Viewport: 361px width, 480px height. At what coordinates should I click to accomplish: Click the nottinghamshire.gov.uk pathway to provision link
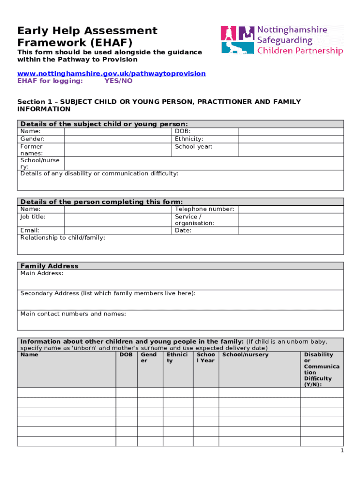click(x=112, y=74)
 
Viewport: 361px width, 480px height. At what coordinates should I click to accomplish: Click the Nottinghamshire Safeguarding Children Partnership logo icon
click(x=238, y=40)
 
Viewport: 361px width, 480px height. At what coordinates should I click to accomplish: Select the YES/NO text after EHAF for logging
click(x=118, y=81)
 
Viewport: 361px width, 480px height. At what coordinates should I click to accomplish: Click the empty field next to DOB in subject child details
click(x=291, y=132)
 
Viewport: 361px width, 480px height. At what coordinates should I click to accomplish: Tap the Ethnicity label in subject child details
click(x=189, y=139)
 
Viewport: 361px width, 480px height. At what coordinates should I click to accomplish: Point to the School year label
click(x=194, y=146)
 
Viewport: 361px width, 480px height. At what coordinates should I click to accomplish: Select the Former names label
click(x=31, y=150)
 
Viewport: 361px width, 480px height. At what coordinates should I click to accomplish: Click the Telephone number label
click(x=204, y=209)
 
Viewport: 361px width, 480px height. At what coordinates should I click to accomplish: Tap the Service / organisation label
click(x=195, y=220)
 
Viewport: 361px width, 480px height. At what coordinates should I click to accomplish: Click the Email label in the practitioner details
click(x=30, y=231)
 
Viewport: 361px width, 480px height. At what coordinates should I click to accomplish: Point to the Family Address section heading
click(x=49, y=266)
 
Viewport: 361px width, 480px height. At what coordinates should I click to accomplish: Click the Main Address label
click(x=42, y=273)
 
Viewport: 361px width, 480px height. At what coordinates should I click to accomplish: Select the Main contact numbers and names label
click(x=73, y=314)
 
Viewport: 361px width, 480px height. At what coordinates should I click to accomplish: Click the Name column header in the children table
click(x=30, y=355)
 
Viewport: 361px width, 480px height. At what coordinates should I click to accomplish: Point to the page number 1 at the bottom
click(x=342, y=450)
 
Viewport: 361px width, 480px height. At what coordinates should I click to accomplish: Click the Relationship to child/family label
click(x=62, y=238)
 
